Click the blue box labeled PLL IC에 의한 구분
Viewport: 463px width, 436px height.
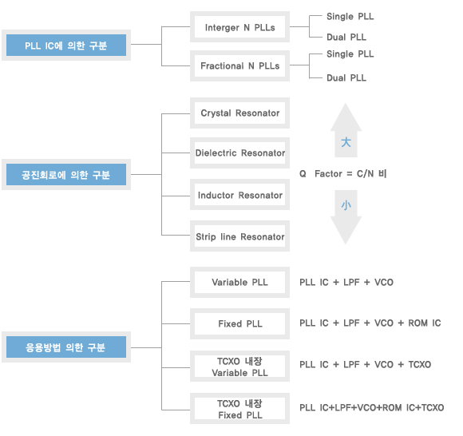click(x=66, y=46)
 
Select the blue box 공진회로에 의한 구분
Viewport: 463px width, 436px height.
click(x=66, y=175)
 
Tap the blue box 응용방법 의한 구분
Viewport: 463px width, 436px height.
click(x=66, y=347)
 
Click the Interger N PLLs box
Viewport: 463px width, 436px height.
click(x=239, y=27)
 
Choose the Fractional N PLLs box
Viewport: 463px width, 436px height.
click(x=239, y=65)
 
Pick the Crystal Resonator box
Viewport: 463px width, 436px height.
click(x=239, y=113)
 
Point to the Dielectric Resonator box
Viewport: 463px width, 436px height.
click(x=239, y=153)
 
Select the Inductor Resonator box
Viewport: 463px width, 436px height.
click(x=239, y=195)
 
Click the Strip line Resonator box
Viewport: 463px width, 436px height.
click(x=239, y=236)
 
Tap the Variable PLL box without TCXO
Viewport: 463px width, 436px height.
click(x=239, y=282)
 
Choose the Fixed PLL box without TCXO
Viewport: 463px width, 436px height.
click(x=239, y=323)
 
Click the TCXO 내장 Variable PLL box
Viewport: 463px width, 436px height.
click(x=239, y=366)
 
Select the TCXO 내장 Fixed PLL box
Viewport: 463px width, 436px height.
click(x=239, y=409)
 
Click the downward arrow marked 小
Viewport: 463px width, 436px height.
click(x=346, y=217)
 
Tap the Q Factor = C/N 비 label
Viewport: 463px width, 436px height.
click(x=342, y=173)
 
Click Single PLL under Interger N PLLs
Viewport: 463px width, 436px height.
click(x=350, y=17)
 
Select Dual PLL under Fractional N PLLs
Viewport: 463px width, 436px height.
click(x=346, y=78)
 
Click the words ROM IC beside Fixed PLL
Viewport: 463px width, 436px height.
click(x=425, y=323)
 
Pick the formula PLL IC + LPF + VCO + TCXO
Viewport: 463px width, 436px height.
click(x=366, y=364)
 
